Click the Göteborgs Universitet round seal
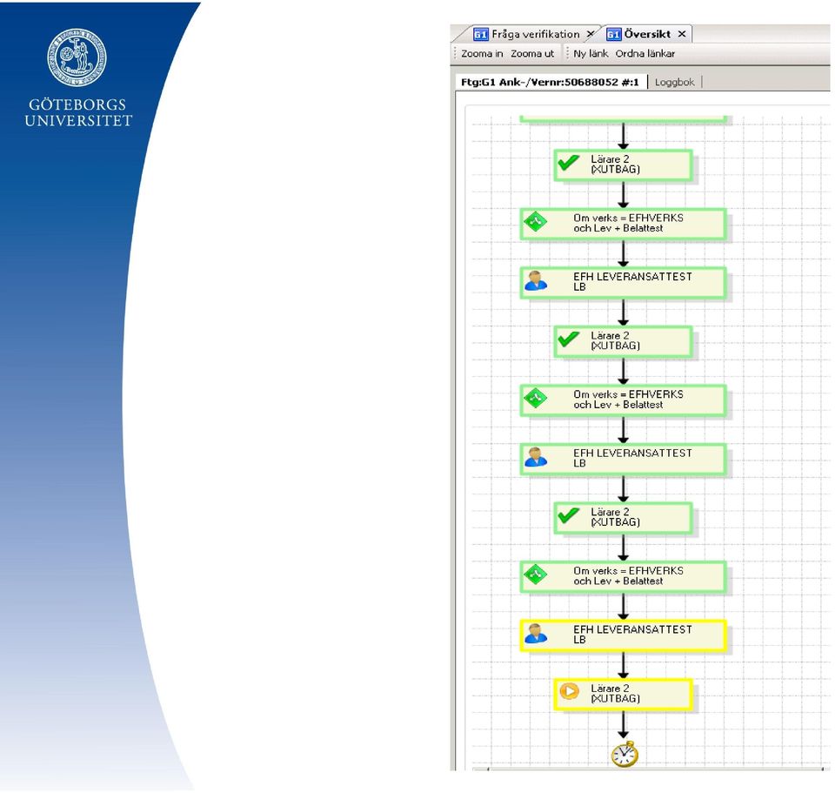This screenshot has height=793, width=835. [77, 57]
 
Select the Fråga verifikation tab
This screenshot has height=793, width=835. [535, 34]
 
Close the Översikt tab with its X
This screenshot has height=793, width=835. [682, 34]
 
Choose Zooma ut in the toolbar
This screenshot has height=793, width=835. [532, 53]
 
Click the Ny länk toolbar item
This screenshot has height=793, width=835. [591, 53]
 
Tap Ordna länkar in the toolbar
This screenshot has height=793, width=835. [645, 53]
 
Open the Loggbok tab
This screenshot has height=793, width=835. [674, 82]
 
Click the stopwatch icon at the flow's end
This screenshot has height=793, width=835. [625, 754]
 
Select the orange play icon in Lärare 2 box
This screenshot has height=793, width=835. [569, 692]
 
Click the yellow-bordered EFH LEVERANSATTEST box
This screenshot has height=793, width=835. [623, 635]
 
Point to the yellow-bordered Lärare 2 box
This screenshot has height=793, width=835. [623, 695]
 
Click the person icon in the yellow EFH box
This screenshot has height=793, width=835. [536, 634]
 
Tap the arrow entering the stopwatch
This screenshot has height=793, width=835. [623, 723]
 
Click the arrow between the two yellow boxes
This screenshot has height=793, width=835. [623, 664]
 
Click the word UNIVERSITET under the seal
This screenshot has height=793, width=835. [78, 121]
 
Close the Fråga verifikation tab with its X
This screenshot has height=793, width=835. [590, 34]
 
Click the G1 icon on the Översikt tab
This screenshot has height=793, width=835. [613, 34]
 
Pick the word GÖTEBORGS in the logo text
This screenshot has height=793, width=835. [77, 104]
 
